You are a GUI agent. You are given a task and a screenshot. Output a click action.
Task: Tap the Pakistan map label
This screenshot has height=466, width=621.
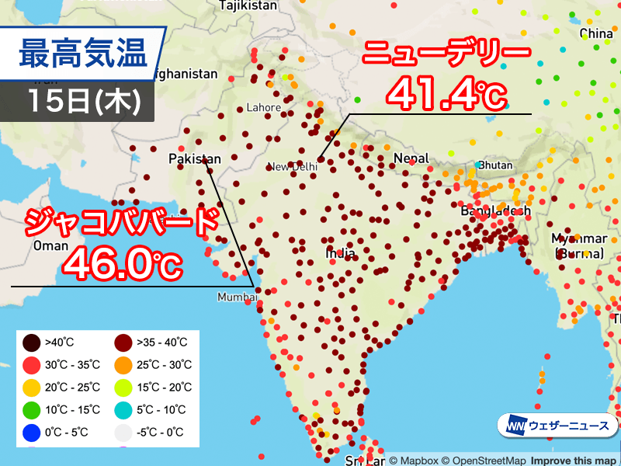click(195, 158)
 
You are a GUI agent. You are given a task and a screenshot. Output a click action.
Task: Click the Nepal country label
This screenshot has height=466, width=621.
click(411, 158)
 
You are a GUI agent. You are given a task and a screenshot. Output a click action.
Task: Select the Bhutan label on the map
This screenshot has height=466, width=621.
click(494, 165)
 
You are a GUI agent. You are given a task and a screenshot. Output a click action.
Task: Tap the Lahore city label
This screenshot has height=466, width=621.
click(262, 107)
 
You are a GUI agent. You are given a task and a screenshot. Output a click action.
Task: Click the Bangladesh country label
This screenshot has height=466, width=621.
click(495, 210)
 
